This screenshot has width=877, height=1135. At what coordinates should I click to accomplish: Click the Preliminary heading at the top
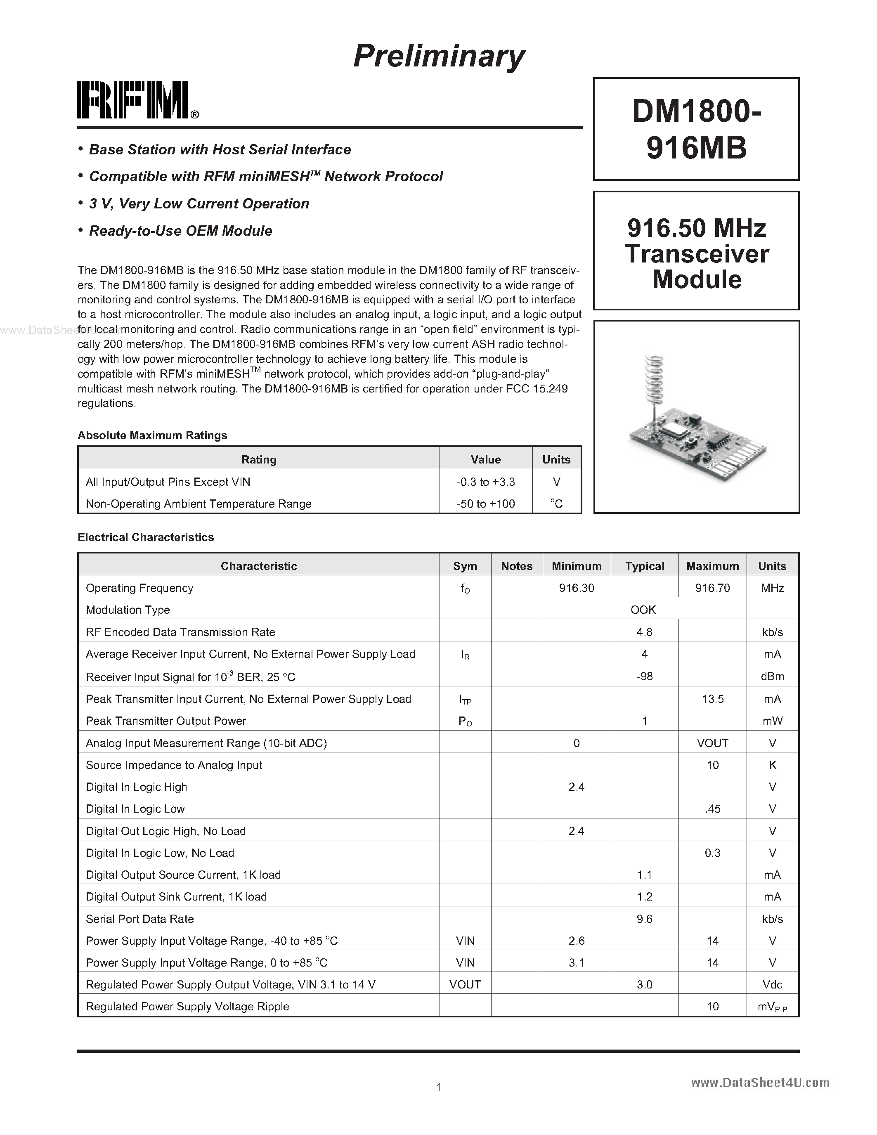point(439,56)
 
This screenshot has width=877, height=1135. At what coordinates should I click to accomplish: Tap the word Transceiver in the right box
point(696,254)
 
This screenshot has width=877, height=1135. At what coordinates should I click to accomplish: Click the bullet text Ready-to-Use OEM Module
point(180,231)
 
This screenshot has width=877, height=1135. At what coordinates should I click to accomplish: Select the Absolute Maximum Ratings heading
point(152,435)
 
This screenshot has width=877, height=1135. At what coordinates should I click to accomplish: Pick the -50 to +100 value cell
point(486,504)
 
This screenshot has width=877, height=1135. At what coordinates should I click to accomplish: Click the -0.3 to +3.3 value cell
point(486,482)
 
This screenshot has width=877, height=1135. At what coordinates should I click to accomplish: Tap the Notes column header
point(516,566)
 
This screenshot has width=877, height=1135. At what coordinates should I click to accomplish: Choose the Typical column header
point(644,566)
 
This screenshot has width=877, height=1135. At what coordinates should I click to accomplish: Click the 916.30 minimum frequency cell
point(576,588)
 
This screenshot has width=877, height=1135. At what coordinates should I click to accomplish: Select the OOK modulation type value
point(643,610)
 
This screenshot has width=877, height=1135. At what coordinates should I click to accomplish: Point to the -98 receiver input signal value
point(644,676)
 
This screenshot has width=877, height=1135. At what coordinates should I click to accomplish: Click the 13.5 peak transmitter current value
point(712,699)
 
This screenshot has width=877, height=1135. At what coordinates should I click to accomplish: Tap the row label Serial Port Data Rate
point(140,919)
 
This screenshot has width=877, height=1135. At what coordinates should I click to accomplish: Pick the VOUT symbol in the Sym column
point(465,984)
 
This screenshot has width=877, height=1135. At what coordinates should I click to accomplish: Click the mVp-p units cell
point(772,1007)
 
